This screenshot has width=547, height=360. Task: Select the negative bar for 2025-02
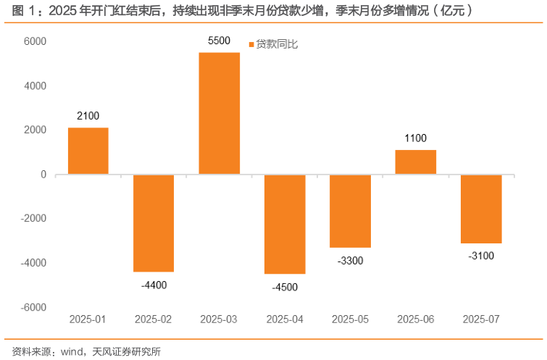coord(154,222)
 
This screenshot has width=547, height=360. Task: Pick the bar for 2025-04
coord(285,224)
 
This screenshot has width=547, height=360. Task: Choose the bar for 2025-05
coord(350,211)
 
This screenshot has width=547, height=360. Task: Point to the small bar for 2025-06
coord(416,162)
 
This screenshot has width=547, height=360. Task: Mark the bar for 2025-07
coord(481,209)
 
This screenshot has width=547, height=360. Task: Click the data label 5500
coord(219,42)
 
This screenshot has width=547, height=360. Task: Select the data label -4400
coord(154,285)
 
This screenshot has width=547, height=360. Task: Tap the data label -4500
coord(285,287)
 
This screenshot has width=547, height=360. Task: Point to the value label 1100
coord(416,138)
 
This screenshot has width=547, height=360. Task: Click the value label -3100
coord(481,256)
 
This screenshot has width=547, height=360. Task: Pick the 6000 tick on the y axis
coord(35,42)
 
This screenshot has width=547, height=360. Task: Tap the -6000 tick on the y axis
coord(33,307)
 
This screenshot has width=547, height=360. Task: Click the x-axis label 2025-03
coord(219,319)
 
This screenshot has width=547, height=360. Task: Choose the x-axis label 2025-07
coord(481,319)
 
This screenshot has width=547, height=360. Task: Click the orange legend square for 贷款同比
coord(251,45)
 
